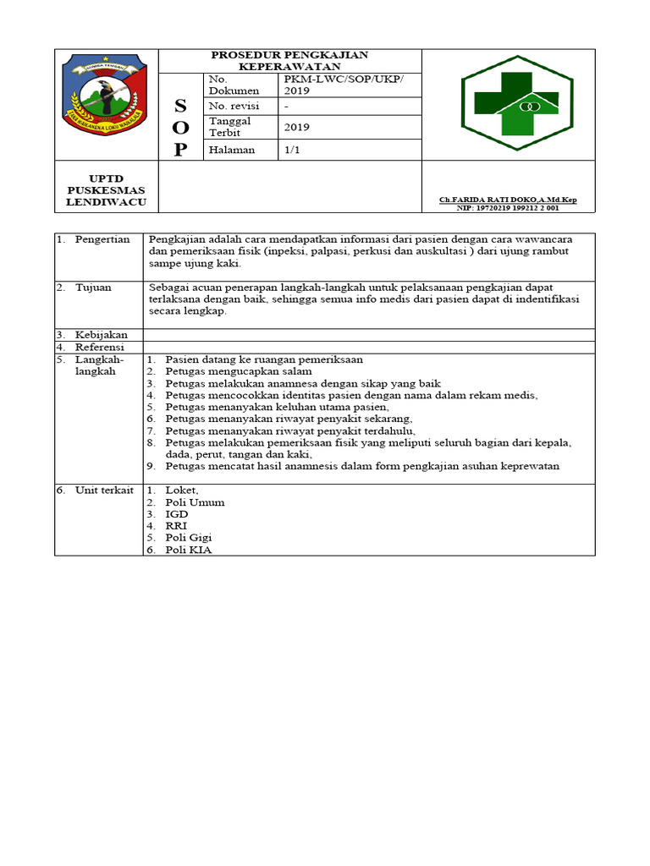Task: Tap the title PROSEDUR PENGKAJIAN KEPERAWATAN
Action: point(289,60)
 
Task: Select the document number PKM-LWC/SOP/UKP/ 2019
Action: point(344,84)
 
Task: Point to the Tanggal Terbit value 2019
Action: point(297,127)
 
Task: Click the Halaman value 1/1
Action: point(293,150)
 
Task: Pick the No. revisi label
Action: point(234,106)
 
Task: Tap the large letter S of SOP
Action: point(179,106)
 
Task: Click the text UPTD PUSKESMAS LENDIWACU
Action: point(107,191)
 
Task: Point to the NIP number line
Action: point(508,207)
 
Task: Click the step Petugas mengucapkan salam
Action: point(239,371)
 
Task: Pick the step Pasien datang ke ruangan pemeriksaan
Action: point(264,359)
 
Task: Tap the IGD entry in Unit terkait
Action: point(177,513)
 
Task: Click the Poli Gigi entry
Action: point(189,537)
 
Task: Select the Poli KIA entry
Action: point(189,550)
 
